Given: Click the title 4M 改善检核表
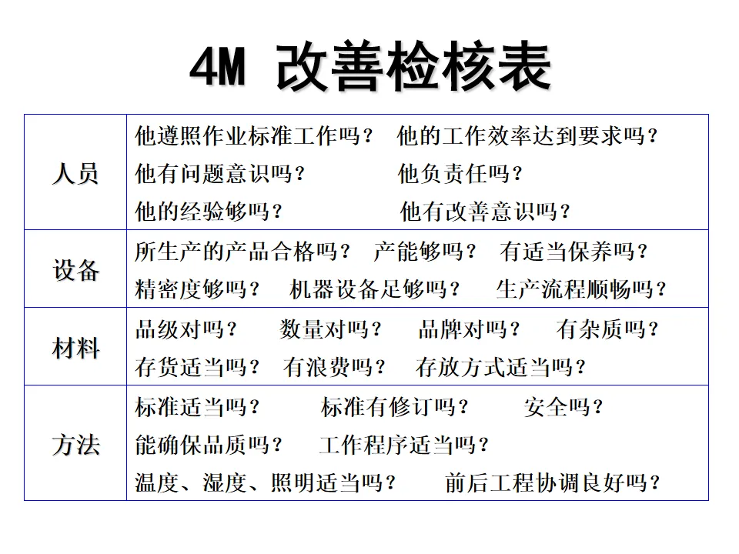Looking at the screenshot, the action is pyautogui.click(x=369, y=68).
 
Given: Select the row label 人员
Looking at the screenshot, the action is pyautogui.click(x=75, y=174).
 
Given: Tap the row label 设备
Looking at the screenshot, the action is pyautogui.click(x=75, y=270).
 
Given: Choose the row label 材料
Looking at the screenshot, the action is pyautogui.click(x=75, y=349).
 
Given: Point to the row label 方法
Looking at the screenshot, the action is pyautogui.click(x=75, y=445).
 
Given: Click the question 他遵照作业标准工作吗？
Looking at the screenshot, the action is pyautogui.click(x=254, y=137).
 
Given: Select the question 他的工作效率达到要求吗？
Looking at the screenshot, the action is pyautogui.click(x=528, y=137).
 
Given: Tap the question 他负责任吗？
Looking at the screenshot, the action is pyautogui.click(x=460, y=174).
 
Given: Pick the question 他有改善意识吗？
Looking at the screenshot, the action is pyautogui.click(x=486, y=211).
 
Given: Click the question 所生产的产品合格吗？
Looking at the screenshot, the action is pyautogui.click(x=243, y=252).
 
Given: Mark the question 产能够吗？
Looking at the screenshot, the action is pyautogui.click(x=425, y=252).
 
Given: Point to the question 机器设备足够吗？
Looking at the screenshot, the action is pyautogui.click(x=376, y=290).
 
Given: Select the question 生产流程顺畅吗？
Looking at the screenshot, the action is pyautogui.click(x=581, y=290).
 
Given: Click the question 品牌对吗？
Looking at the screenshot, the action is pyautogui.click(x=469, y=330).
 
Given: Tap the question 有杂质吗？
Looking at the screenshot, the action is pyautogui.click(x=607, y=330).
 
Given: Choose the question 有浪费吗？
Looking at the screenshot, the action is pyautogui.click(x=334, y=368).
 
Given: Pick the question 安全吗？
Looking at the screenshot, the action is pyautogui.click(x=563, y=407).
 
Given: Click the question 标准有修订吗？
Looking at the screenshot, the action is pyautogui.click(x=395, y=407).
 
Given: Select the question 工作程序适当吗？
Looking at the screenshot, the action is pyautogui.click(x=404, y=445).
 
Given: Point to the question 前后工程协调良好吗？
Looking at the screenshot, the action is pyautogui.click(x=553, y=483).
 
